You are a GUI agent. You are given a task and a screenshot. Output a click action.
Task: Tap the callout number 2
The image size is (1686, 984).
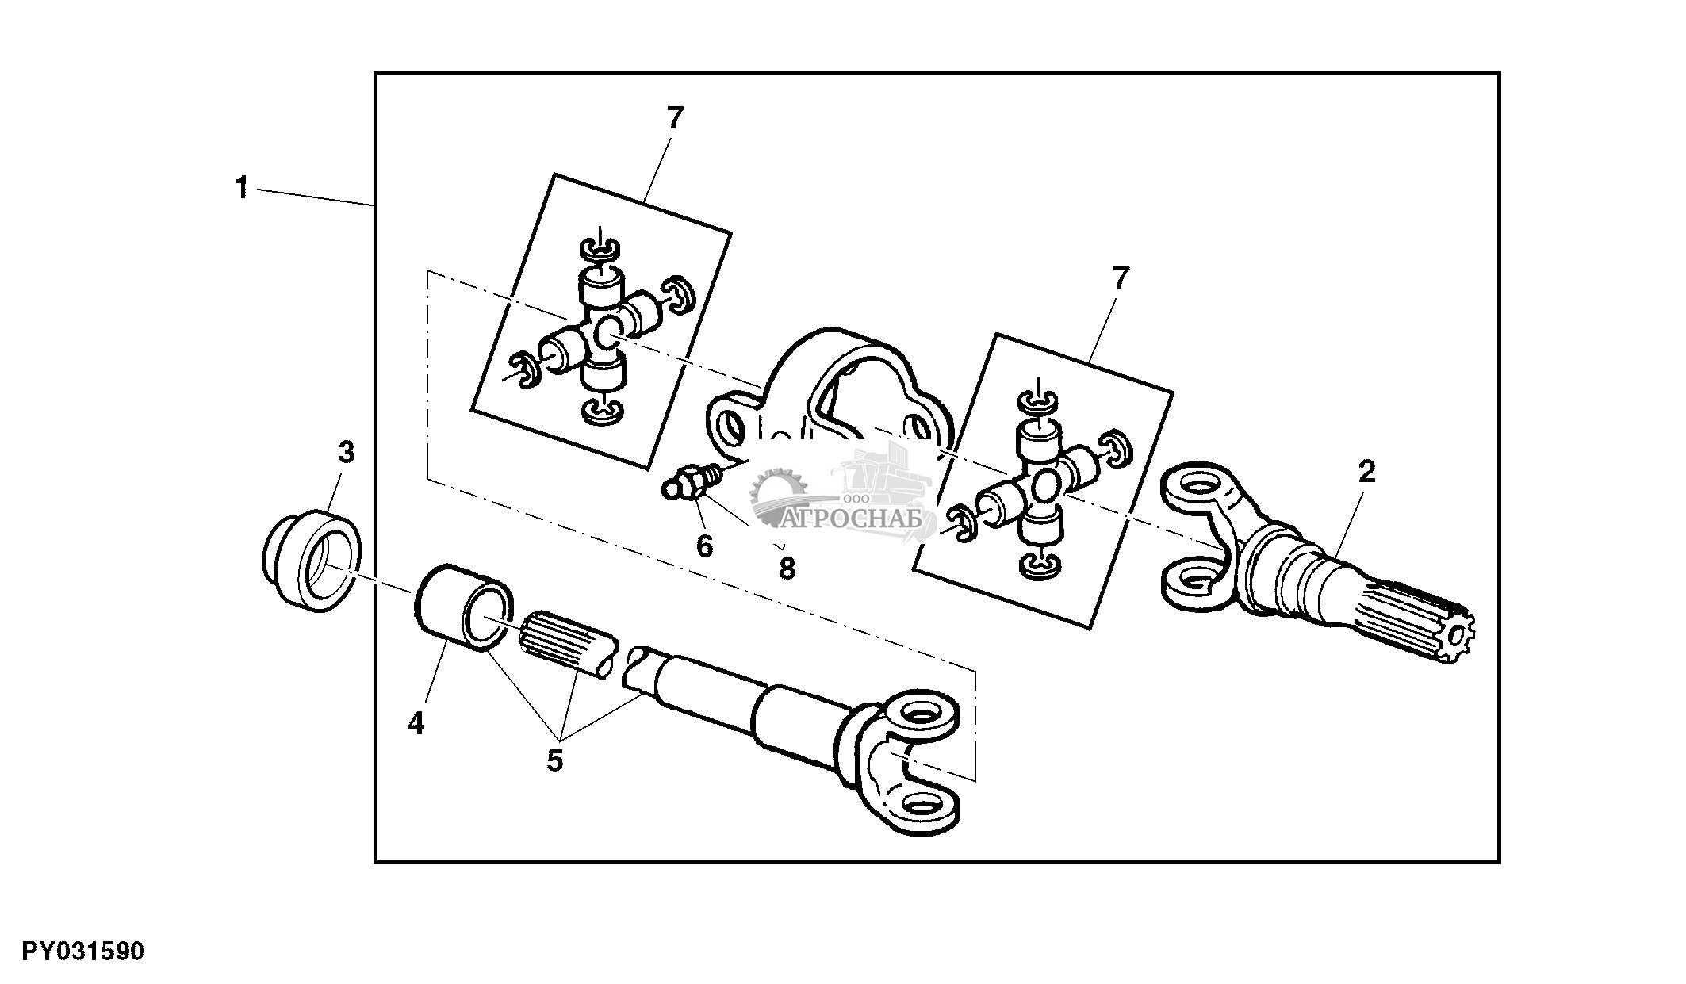click(x=1366, y=473)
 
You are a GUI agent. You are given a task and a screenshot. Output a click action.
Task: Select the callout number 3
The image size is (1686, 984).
click(x=346, y=454)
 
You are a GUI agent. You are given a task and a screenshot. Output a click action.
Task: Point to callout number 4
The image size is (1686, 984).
click(x=416, y=723)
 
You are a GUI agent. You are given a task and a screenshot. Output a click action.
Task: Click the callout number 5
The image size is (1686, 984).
click(x=554, y=760)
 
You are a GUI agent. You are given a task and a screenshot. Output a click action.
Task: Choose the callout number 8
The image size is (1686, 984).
click(x=787, y=568)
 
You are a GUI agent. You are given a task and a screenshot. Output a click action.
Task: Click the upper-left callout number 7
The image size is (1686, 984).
click(x=674, y=119)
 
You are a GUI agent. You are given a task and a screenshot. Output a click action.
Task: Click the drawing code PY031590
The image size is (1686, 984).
click(x=83, y=951)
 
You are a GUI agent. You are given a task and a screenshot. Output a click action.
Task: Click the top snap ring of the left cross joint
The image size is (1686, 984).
click(x=601, y=249)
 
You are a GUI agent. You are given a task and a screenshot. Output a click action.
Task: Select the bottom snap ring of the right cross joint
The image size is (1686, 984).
click(x=1037, y=565)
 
